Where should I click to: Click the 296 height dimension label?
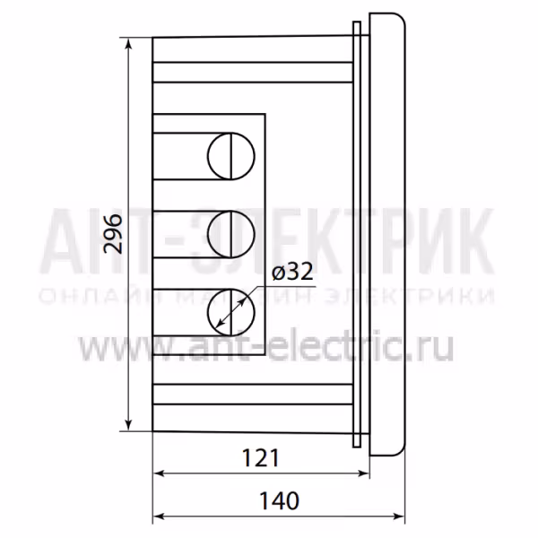(114, 234)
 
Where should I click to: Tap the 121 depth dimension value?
(261, 457)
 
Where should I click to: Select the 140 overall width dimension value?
(279, 500)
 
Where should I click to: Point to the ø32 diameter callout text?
(292, 272)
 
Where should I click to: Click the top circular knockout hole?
(231, 156)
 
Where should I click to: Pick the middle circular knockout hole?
(231, 234)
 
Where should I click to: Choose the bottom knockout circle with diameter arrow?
(231, 312)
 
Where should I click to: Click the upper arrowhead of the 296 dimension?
(128, 44)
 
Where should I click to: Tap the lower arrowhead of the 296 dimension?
(128, 424)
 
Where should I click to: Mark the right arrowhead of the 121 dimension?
(363, 473)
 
